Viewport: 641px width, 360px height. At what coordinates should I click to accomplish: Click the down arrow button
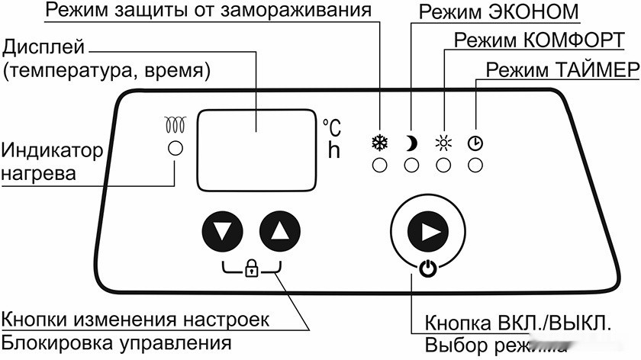point(223,230)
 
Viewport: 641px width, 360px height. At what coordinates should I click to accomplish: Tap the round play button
point(427,230)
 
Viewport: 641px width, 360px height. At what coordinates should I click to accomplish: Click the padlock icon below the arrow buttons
point(250,267)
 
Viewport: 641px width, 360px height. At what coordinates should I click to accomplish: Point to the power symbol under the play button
point(427,268)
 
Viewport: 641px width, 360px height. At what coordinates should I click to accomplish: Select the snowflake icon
point(378,142)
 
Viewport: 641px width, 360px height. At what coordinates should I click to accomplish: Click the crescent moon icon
point(411,142)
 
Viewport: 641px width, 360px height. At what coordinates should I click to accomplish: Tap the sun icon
point(443,142)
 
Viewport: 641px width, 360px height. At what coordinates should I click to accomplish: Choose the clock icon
point(475,142)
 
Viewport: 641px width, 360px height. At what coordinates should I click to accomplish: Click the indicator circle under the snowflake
point(378,164)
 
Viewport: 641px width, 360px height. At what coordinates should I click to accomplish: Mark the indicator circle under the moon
point(411,164)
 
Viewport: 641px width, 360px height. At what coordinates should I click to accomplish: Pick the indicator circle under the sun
point(443,164)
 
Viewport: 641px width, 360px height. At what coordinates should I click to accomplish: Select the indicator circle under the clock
point(475,164)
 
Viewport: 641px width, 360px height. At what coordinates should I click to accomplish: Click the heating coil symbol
point(176,124)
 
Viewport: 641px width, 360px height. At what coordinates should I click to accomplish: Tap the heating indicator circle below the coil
point(176,148)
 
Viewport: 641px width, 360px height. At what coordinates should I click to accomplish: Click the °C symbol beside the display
point(332,127)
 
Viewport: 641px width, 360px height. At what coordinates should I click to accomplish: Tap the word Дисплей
point(44,47)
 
